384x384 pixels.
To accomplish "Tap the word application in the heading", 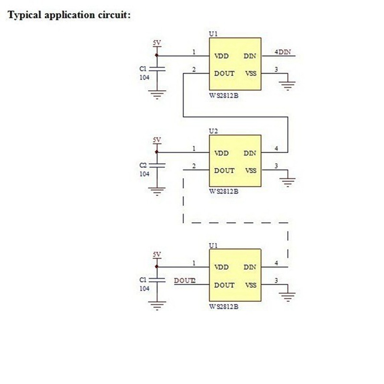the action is pos(69,15).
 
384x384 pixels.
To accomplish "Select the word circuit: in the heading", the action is pos(114,15).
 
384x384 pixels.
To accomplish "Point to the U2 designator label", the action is pos(213,131).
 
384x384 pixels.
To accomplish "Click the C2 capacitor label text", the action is pos(143,165).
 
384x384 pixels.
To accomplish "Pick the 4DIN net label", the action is pos(283,52).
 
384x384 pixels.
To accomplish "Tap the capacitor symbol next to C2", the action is pos(157,166).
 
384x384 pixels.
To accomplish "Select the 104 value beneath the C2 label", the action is pos(144,174).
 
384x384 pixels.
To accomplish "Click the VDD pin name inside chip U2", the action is pos(221,153).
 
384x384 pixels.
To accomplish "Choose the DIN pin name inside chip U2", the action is pos(250,153).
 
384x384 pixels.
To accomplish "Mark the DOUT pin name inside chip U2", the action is pos(224,170).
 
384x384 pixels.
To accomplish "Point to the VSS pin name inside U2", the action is pos(251,170).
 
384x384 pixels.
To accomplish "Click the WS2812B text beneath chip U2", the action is pos(224,191).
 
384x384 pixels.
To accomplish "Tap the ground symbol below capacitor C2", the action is pos(157,191).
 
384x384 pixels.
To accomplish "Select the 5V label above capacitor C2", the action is pos(157,140).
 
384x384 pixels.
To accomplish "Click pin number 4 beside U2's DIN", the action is pos(276,148).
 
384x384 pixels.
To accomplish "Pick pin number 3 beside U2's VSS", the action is pos(276,166).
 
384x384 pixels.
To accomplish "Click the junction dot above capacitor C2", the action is pos(157,152).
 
